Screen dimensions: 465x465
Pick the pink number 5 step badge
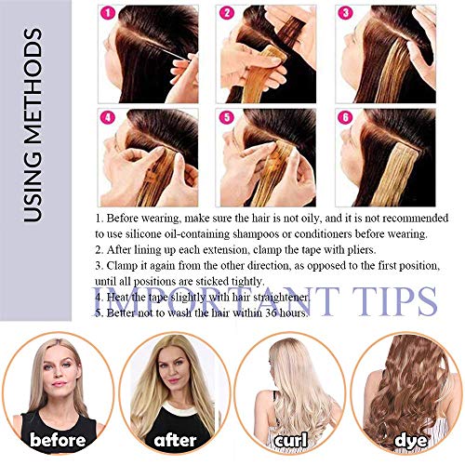[226, 119]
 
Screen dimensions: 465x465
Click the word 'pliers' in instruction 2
[362, 250]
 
